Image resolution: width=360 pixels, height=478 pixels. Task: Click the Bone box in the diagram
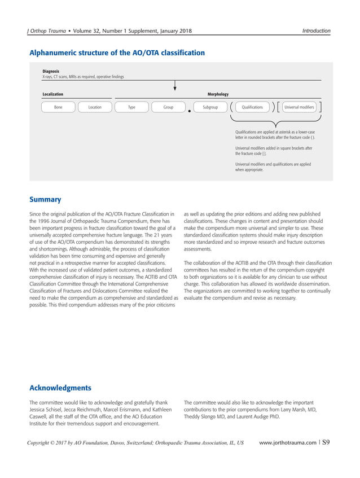point(59,107)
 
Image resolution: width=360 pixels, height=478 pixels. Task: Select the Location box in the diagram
point(95,107)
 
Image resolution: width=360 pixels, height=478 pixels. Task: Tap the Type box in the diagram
point(131,107)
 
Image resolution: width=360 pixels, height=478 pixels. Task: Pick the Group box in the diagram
point(168,107)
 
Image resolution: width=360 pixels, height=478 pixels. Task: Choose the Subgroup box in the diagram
point(210,107)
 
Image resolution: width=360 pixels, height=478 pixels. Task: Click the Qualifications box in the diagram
point(252,107)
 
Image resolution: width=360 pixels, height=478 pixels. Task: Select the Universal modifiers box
point(300,107)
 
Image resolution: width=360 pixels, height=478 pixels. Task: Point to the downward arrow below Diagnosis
point(175,85)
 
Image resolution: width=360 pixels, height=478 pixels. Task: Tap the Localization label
point(53,94)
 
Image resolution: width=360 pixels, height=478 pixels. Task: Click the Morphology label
point(218,94)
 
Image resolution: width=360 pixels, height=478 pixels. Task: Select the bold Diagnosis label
point(51,72)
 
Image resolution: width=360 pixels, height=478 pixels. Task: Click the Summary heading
point(45,199)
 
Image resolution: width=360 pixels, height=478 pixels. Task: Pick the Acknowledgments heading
point(60,388)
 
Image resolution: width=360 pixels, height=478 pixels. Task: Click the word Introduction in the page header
point(316,30)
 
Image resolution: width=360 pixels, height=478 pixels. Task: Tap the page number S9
point(326,442)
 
